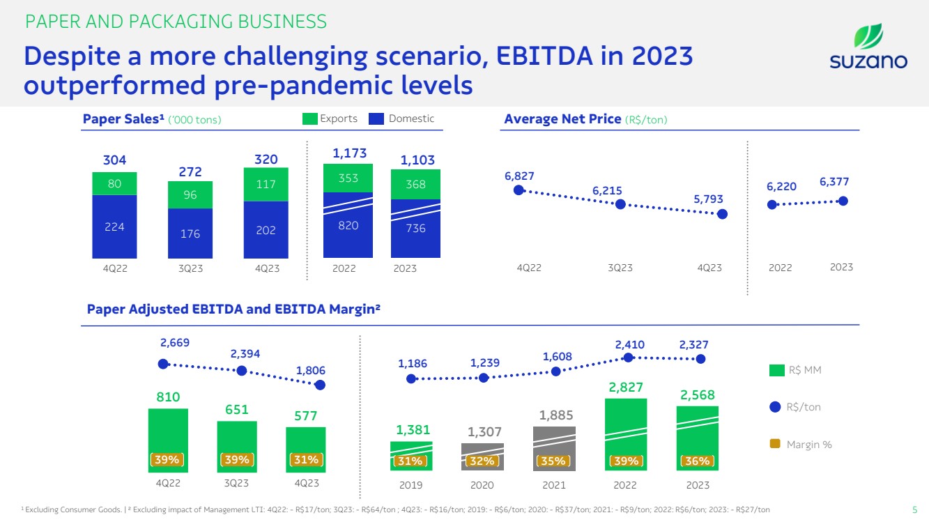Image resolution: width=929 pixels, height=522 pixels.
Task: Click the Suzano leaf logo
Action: click(868, 36)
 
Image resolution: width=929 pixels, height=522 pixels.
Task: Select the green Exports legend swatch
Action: click(310, 119)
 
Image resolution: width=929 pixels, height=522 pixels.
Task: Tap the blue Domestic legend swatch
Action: click(376, 119)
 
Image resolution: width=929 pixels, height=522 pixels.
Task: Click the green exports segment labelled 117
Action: click(266, 185)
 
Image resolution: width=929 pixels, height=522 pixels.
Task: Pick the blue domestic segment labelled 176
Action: click(190, 233)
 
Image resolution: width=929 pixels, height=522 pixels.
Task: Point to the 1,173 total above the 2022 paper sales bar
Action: click(350, 153)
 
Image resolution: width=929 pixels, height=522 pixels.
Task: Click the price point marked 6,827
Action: click(519, 190)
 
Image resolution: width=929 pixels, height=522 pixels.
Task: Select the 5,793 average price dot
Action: click(722, 214)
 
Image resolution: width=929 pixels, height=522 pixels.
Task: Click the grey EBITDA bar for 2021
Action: click(554, 449)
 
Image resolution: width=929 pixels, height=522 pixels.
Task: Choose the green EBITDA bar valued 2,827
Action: click(626, 434)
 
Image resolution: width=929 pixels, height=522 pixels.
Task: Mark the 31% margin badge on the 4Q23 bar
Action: click(306, 459)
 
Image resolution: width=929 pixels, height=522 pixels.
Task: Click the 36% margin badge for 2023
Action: click(697, 461)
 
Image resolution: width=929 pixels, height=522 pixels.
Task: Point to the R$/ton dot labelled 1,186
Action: click(411, 378)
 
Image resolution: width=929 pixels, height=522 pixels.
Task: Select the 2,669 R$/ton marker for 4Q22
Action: click(163, 364)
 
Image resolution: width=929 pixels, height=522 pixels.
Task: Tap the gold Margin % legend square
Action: click(775, 444)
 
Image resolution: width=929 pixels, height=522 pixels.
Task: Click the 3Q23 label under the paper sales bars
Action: click(190, 269)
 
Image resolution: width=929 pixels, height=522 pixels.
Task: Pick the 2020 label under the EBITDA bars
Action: click(482, 485)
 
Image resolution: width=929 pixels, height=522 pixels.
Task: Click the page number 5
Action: click(914, 509)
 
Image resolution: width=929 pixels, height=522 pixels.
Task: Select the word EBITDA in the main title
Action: click(544, 56)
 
